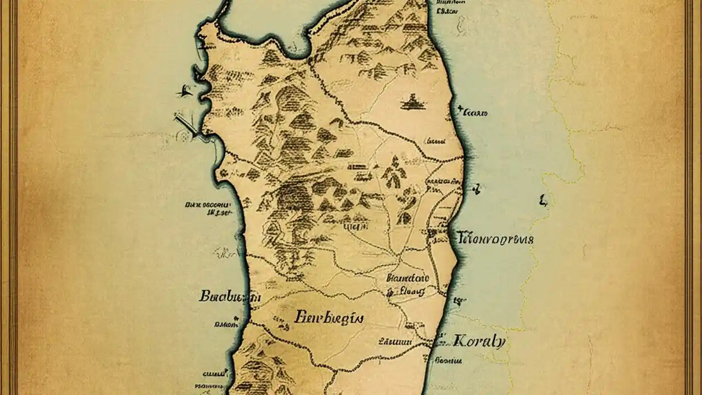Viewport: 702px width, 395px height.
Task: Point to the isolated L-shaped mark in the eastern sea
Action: pos(543,201)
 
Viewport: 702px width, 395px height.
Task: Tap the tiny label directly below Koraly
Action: pos(448,361)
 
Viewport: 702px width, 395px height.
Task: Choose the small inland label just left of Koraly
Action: pos(395,341)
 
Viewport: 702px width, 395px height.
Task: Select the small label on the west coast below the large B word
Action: pos(227,324)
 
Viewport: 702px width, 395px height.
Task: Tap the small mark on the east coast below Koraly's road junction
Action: pos(458,301)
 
